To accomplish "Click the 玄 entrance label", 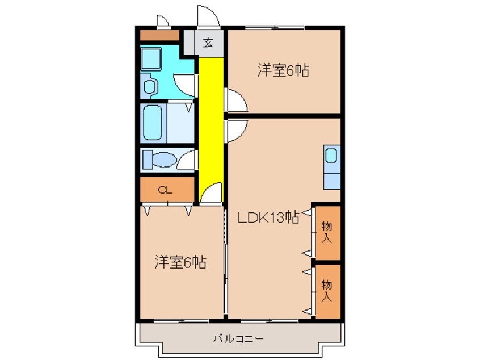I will pos(208,43).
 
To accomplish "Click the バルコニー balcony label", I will pos(238,339).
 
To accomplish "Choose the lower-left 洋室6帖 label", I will pos(180,262).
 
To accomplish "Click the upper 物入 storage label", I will pos(327,232).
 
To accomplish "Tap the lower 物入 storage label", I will pos(327,290).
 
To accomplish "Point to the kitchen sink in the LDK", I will pos(331,156).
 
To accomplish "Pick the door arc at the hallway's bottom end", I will pos(211,194).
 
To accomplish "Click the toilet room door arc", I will pos(186,161).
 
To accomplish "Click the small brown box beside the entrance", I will pos(159,36).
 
